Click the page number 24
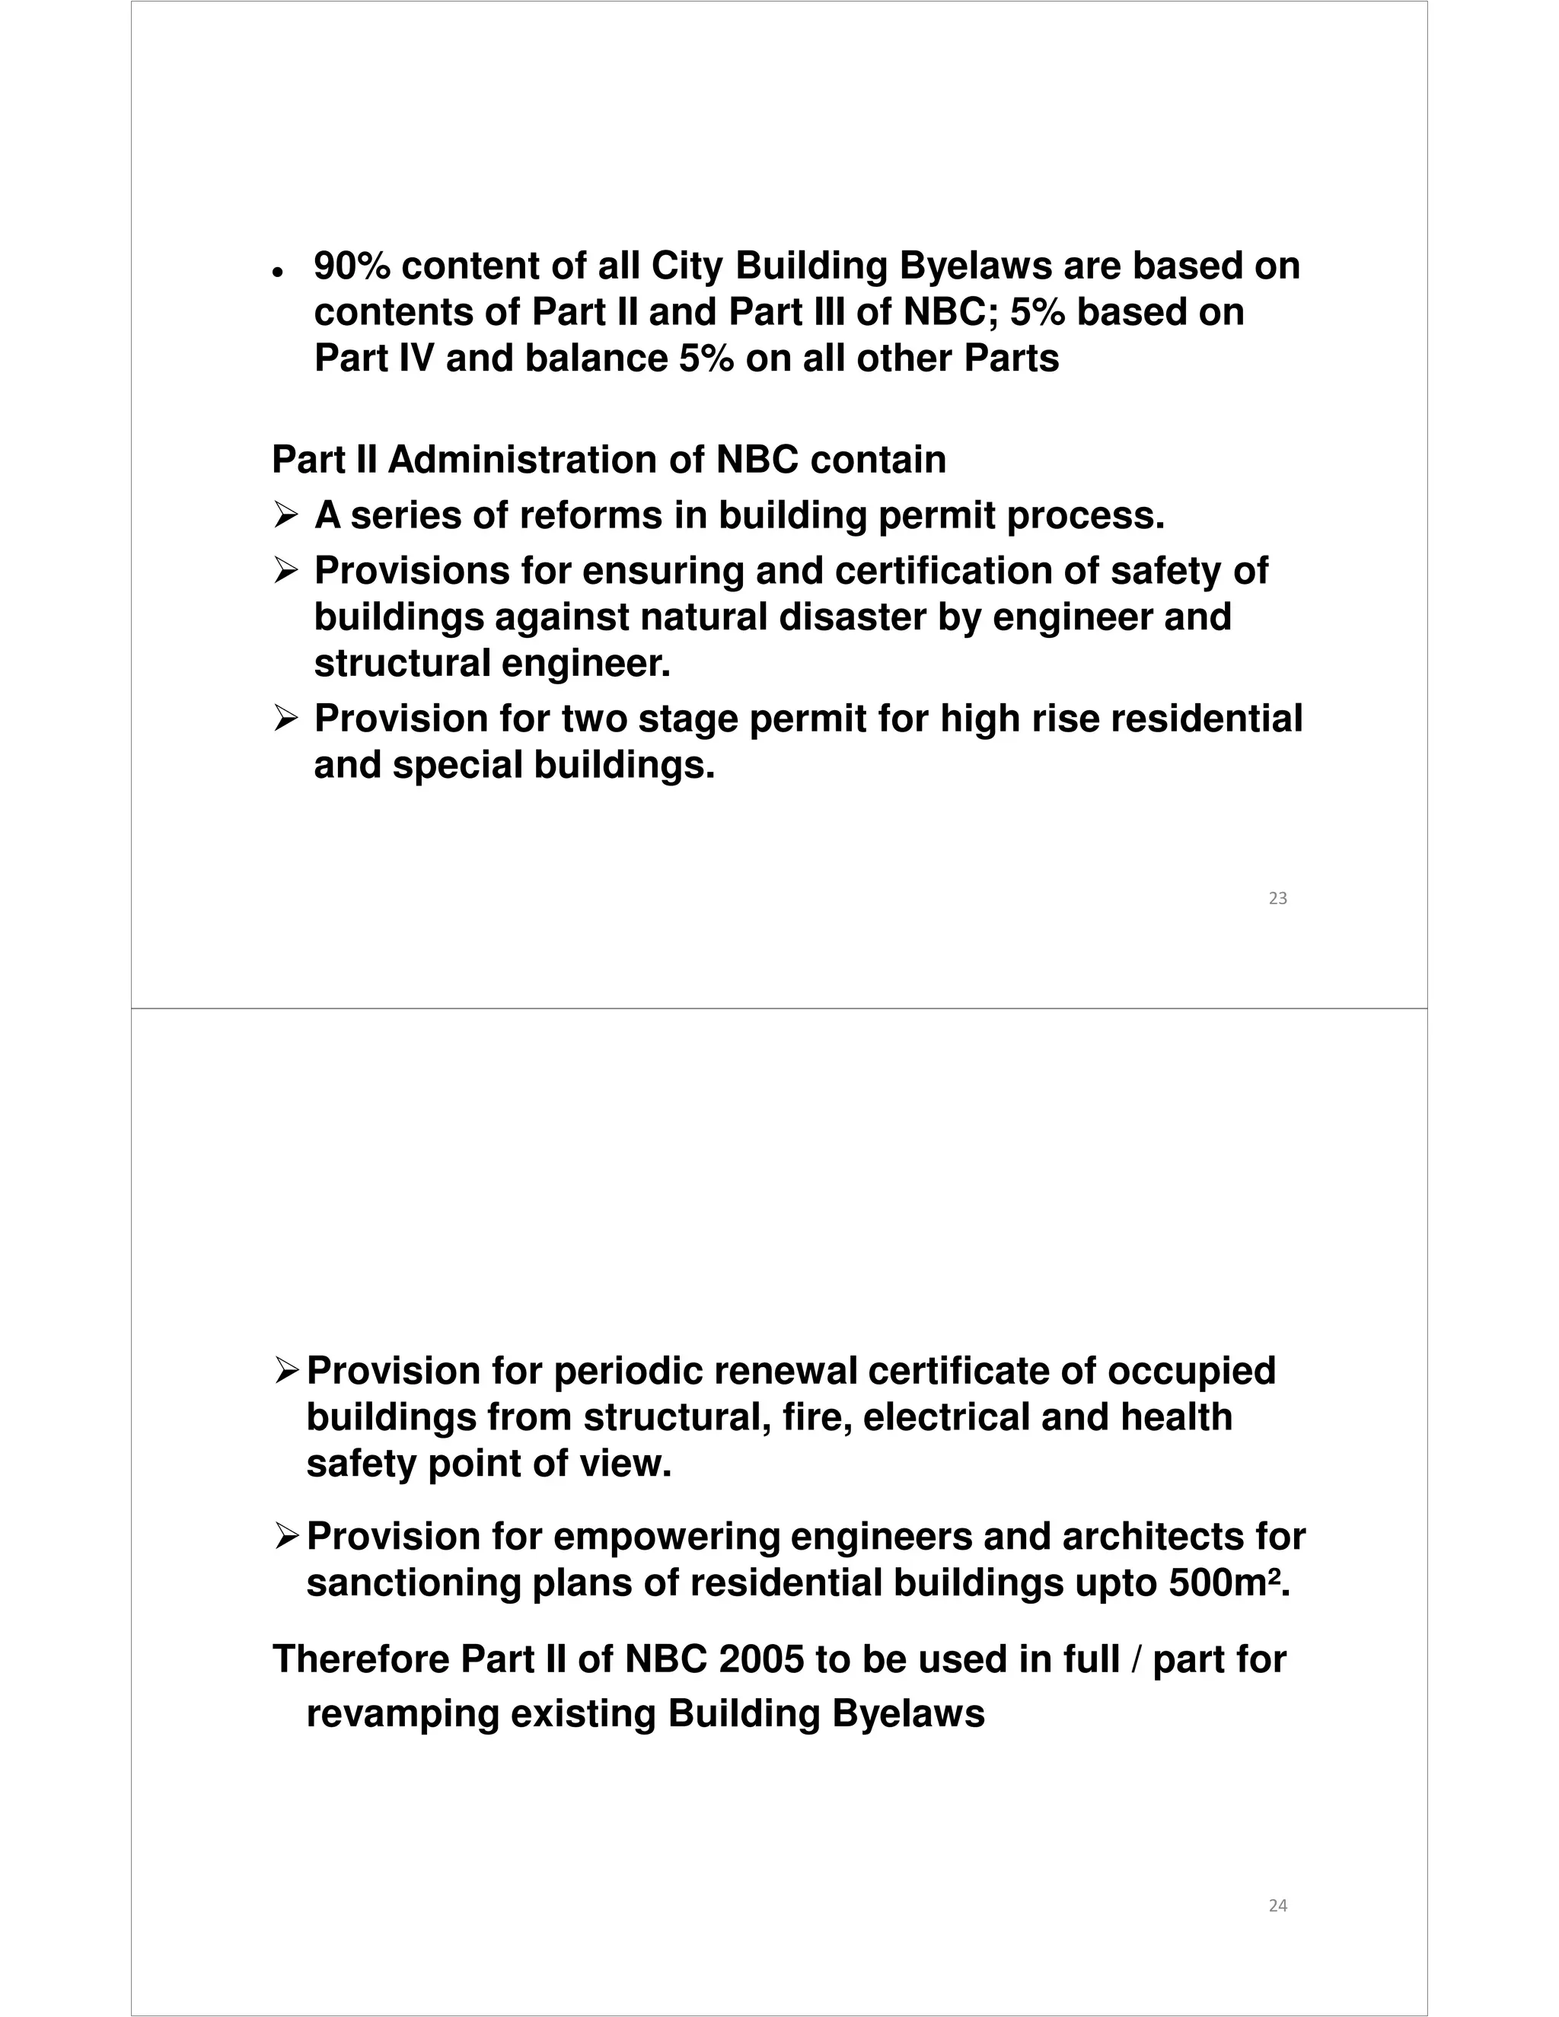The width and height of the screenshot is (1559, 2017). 1277,1905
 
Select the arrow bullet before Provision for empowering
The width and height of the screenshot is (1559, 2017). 285,1537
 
